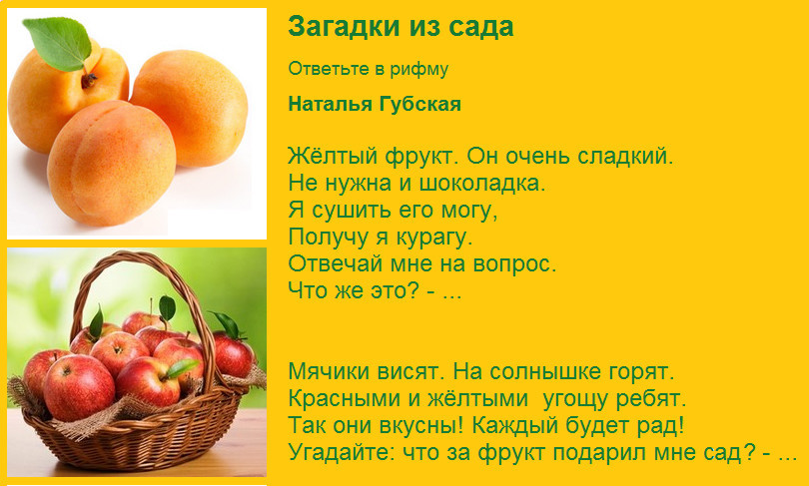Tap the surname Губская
419,105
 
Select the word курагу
433,238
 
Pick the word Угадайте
342,452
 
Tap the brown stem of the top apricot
89,80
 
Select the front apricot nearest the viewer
112,163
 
